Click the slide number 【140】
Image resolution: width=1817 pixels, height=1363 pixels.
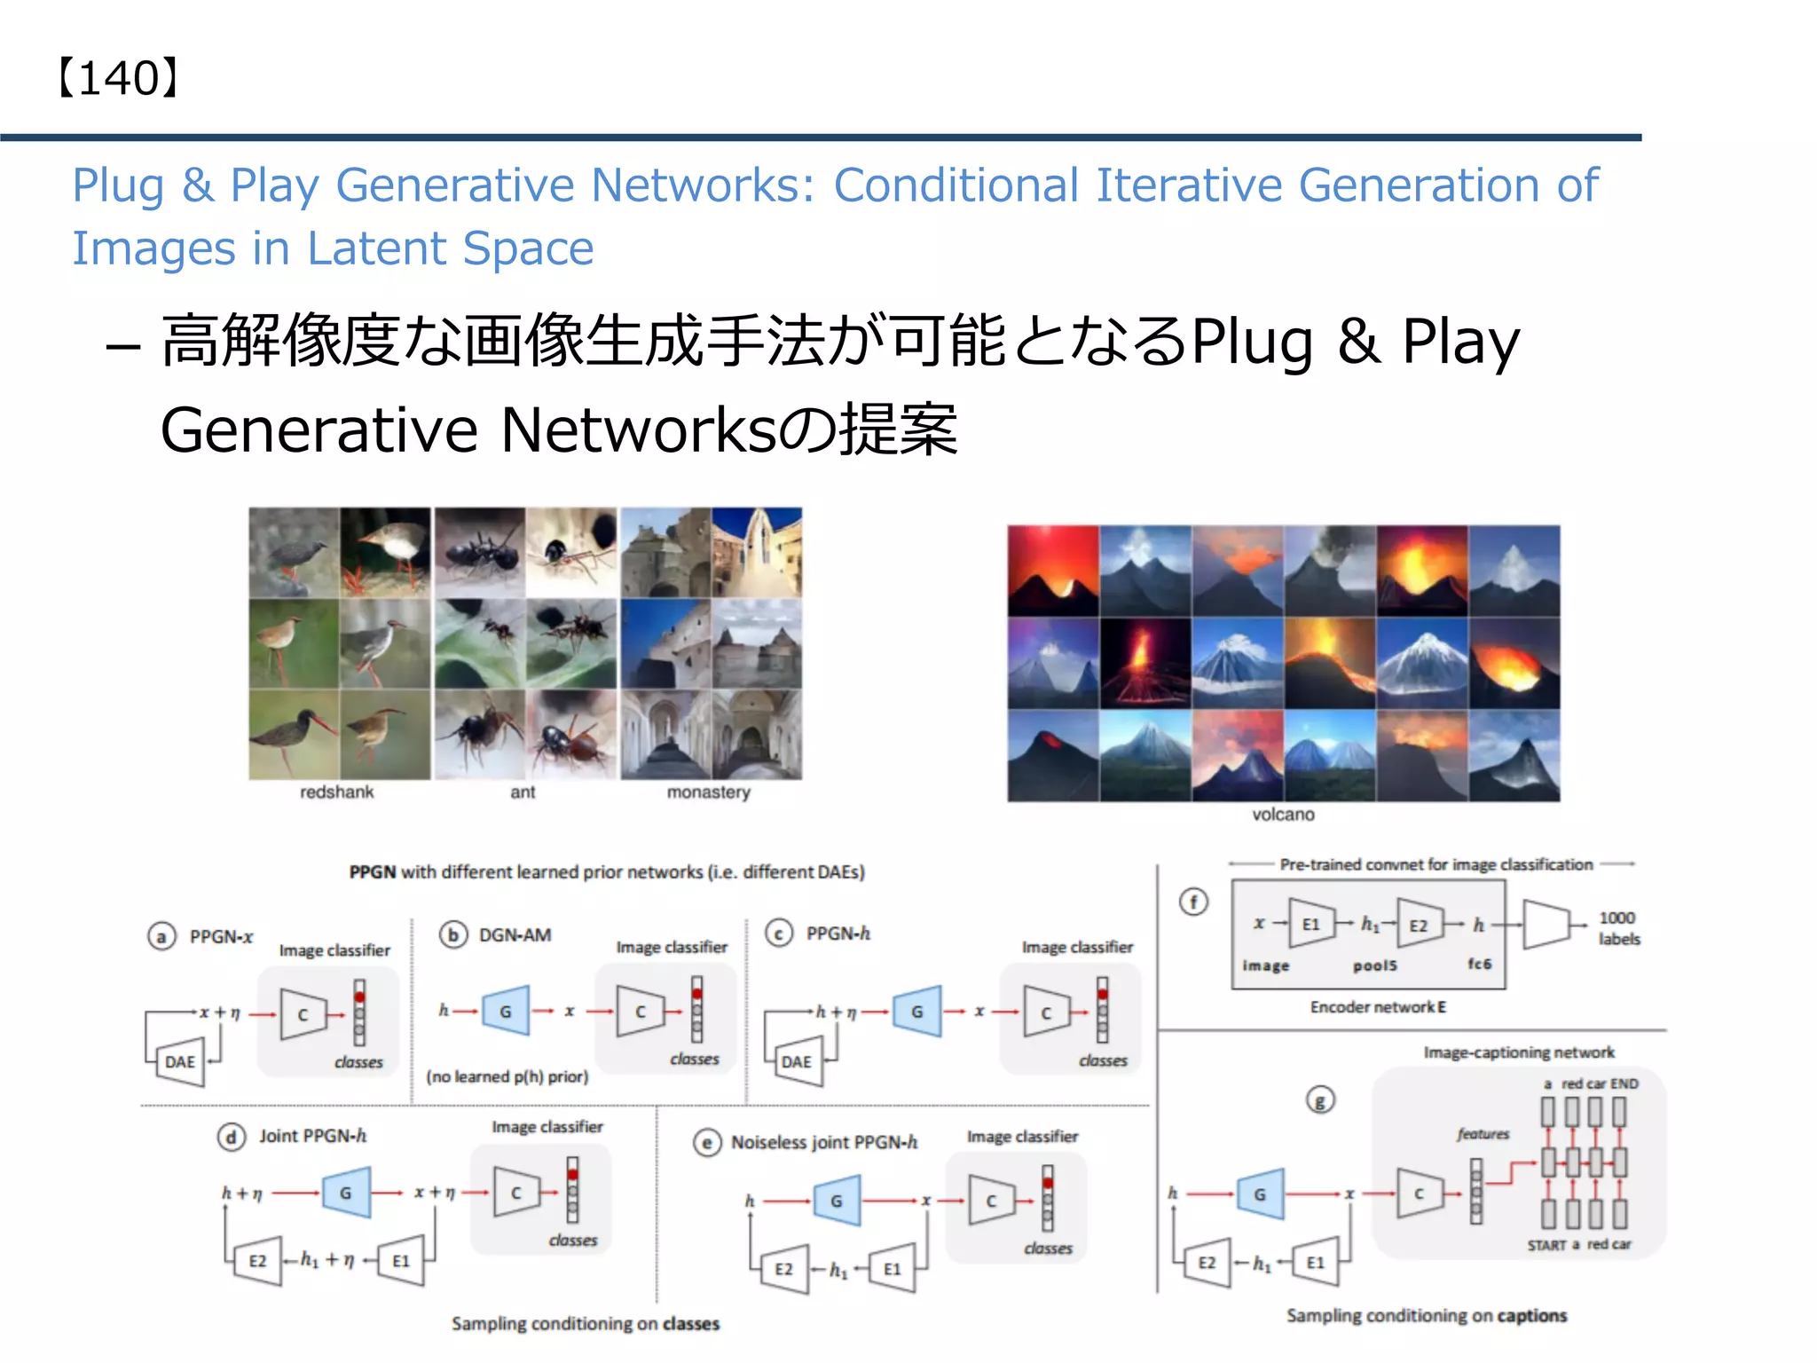[119, 78]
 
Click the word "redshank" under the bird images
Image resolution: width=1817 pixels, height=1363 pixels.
[336, 792]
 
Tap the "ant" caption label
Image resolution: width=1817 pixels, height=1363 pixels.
[523, 792]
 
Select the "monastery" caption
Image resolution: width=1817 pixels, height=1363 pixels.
[708, 792]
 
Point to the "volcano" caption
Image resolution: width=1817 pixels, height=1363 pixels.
[1283, 814]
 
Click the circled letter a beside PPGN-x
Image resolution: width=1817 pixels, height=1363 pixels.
[161, 936]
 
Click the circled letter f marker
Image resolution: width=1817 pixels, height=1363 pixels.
[1193, 902]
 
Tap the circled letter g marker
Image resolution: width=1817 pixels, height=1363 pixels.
[1320, 1100]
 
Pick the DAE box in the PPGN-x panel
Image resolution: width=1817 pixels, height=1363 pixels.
[180, 1061]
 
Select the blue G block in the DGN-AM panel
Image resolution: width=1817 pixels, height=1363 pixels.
[506, 1011]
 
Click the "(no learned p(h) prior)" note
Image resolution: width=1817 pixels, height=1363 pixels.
[507, 1076]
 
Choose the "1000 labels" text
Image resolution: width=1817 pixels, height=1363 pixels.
[1618, 928]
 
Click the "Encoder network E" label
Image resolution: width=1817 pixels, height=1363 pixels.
[1378, 1007]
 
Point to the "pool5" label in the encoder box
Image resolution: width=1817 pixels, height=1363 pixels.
[1374, 965]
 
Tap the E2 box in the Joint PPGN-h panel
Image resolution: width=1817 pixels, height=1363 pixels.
[257, 1261]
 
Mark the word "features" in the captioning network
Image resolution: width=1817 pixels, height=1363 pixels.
[1483, 1134]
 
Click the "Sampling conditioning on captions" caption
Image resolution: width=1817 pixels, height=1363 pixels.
[1427, 1315]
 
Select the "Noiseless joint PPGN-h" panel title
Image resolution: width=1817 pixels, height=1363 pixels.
[823, 1142]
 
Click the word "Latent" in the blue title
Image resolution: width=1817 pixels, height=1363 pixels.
[376, 248]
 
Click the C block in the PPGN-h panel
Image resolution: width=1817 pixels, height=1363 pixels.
[1046, 1012]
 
